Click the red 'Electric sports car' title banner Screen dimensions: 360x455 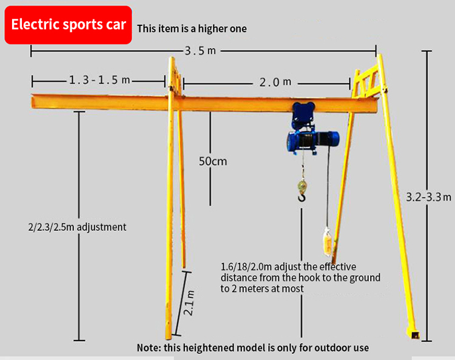click(x=69, y=25)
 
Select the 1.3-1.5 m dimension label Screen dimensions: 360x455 click(x=99, y=80)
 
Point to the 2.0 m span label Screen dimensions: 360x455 click(x=275, y=82)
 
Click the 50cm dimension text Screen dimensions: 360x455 click(x=212, y=161)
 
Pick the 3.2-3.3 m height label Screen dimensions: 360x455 click(x=429, y=197)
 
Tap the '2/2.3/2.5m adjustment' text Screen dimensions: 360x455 click(x=77, y=227)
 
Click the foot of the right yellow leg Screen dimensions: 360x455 click(x=413, y=333)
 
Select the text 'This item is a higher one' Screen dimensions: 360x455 click(x=192, y=28)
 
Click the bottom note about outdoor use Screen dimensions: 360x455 click(x=252, y=348)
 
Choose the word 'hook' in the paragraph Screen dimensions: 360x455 click(x=294, y=278)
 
